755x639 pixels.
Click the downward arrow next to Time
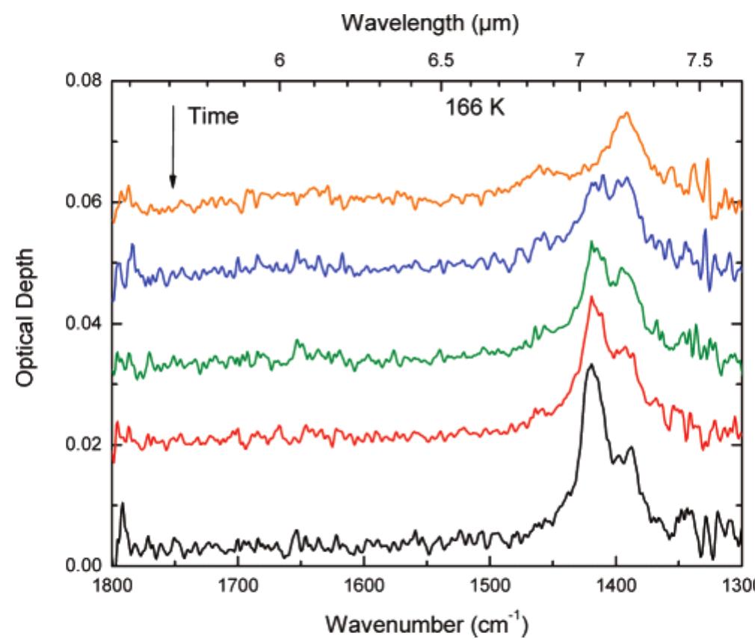tap(173, 147)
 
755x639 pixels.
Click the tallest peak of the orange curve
tap(626, 113)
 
